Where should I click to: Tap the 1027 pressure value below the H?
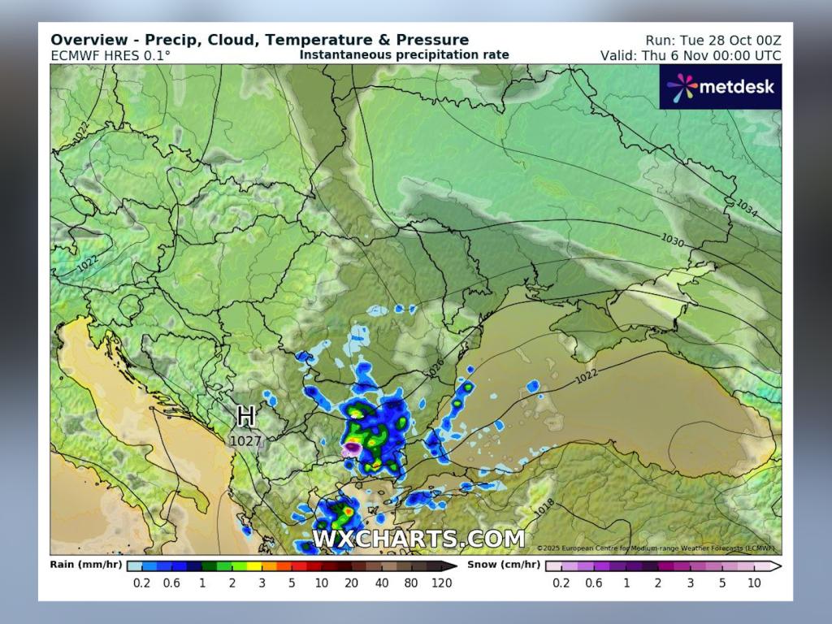point(245,441)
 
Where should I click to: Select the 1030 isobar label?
point(672,241)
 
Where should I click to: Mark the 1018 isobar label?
point(545,507)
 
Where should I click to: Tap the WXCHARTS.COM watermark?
point(418,539)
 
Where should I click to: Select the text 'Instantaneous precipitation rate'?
point(404,55)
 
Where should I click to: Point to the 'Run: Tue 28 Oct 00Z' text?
point(713,40)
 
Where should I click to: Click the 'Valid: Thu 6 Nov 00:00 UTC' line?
point(691,55)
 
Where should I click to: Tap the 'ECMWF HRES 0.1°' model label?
point(110,55)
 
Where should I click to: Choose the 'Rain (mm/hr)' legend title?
point(85,564)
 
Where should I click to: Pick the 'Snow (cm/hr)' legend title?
point(503,564)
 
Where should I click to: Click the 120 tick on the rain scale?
point(441,583)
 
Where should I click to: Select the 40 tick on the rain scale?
point(382,583)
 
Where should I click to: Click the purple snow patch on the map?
point(353,447)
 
